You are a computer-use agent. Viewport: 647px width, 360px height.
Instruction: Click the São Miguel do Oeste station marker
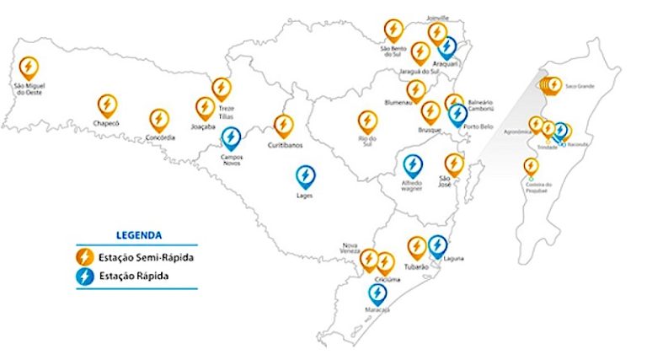point(28,67)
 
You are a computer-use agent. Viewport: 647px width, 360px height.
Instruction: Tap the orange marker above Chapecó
point(107,105)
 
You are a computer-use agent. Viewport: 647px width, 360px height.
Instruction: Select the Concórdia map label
point(160,137)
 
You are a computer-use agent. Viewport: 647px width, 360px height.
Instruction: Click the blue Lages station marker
point(306,177)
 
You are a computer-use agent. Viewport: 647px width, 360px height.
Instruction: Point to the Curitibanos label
point(285,145)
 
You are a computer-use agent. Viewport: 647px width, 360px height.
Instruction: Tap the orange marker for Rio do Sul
point(367,122)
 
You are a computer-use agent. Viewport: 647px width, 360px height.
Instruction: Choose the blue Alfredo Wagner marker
point(413,165)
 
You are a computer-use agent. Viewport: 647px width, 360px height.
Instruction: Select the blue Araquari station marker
point(446,47)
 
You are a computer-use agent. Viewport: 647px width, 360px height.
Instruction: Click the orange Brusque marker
point(430,112)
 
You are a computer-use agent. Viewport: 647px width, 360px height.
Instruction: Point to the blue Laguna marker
point(437,246)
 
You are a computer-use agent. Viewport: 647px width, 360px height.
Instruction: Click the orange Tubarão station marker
point(416,247)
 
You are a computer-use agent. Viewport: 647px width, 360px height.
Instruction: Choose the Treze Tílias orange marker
point(222,89)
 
